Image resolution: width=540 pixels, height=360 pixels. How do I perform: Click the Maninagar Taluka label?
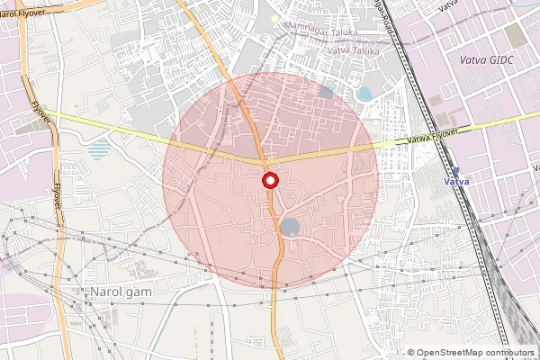tap(321, 32)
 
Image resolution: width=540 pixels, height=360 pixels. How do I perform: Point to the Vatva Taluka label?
tap(350, 50)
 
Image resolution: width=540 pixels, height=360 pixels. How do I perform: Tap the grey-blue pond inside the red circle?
tap(290, 226)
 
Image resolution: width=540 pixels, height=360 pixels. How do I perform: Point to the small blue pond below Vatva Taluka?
tap(366, 93)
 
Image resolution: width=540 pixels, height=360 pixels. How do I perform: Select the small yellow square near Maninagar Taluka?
tap(274, 19)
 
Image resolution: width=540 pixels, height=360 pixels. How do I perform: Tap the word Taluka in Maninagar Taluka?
tap(342, 32)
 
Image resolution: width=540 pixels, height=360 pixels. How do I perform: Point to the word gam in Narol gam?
tap(139, 292)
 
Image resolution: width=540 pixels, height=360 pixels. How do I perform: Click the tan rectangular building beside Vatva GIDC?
tap(514, 36)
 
